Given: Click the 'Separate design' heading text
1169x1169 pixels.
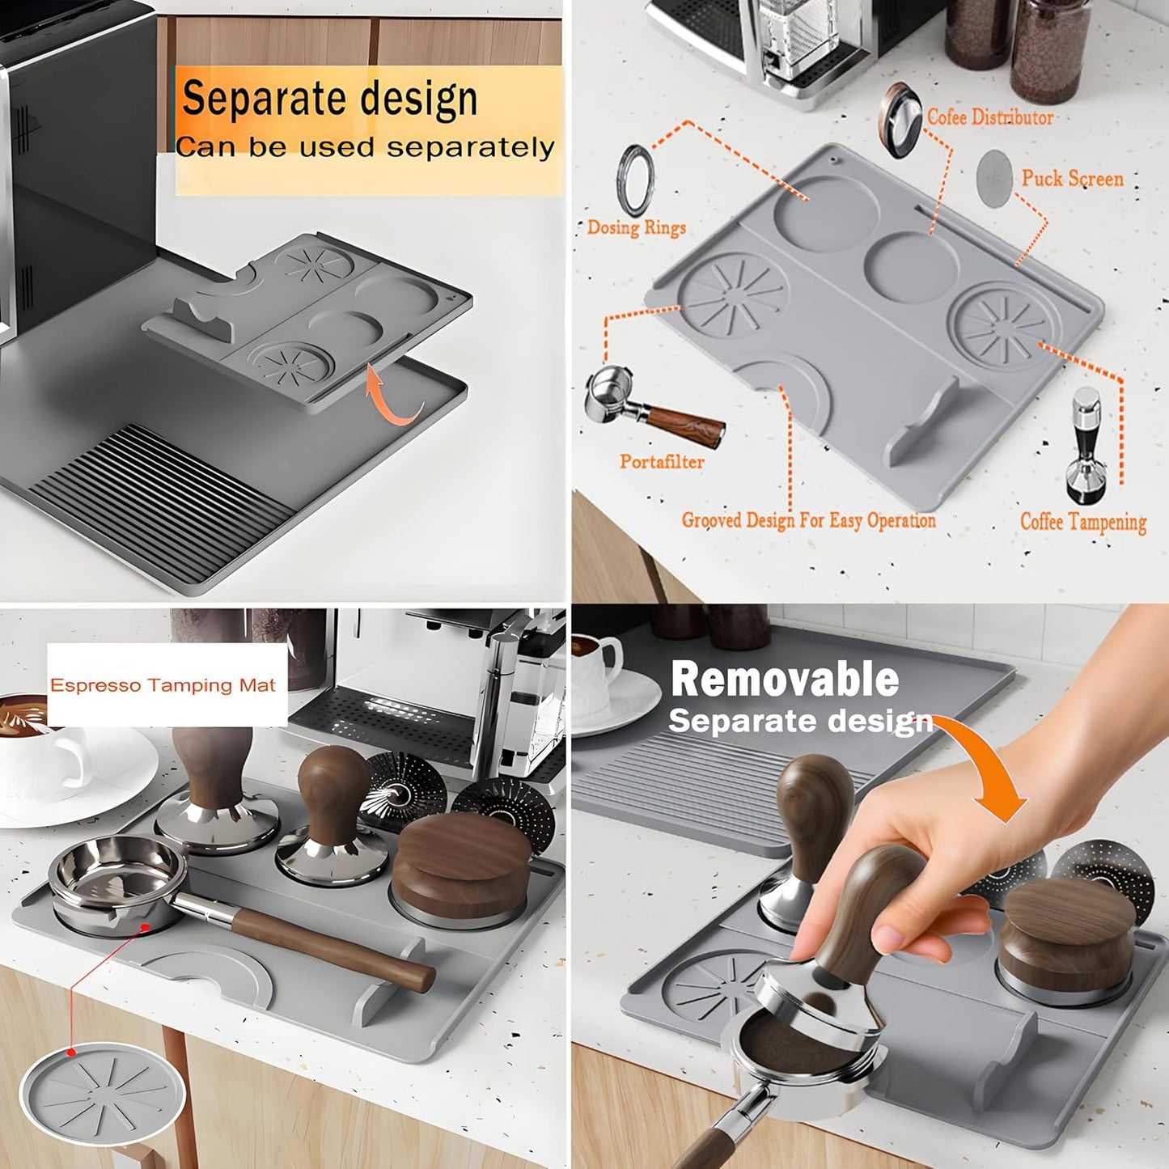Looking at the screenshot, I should click(329, 100).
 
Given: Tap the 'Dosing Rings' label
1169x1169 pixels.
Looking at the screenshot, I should click(636, 228).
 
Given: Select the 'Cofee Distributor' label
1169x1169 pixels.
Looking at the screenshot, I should click(990, 118).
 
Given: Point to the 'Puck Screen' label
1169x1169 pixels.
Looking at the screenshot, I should click(1072, 179).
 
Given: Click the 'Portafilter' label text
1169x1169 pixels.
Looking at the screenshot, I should click(662, 462).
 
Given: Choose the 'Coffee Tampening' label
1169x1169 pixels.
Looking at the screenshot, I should click(1082, 523).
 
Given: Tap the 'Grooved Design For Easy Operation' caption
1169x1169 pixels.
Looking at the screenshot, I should click(808, 520).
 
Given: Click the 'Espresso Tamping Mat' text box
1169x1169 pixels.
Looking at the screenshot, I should click(163, 686).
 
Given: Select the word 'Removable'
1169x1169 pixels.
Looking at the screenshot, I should click(784, 680).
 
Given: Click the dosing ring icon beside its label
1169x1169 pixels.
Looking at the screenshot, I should click(635, 180).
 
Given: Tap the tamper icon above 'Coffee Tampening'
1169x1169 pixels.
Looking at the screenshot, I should click(1086, 444).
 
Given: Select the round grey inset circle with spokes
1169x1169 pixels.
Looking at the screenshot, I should click(102, 1092).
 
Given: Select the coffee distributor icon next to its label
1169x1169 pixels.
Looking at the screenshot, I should click(900, 119).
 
